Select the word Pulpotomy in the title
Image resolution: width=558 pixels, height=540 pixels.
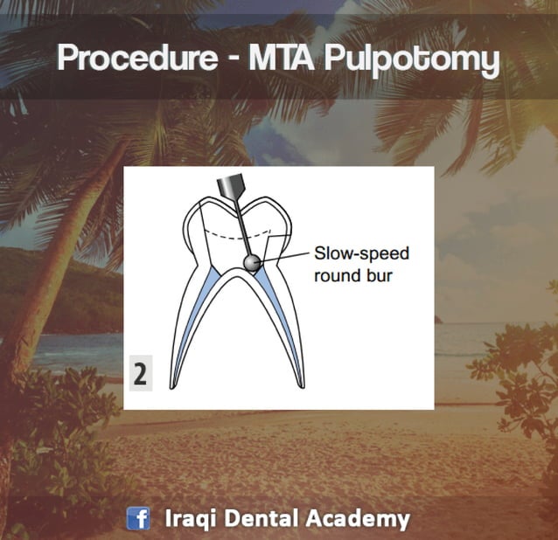pos(408,60)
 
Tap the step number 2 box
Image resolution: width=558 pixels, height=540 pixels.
pos(140,374)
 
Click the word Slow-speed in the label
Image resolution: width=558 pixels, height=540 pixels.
pos(361,254)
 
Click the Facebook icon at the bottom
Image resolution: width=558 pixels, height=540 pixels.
pos(138,519)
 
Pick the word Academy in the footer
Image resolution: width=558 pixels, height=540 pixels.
pos(357,519)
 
